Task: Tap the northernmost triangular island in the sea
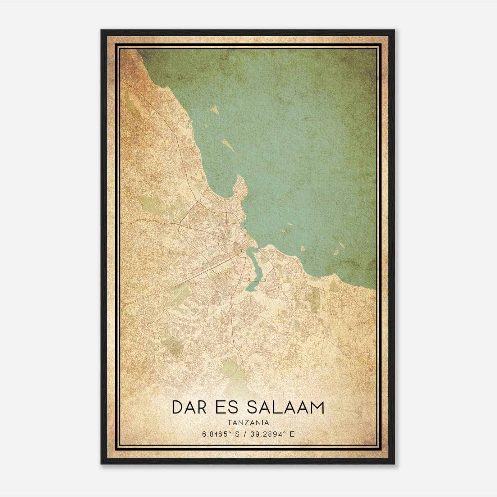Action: coord(214,109)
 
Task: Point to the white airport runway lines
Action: coord(176,295)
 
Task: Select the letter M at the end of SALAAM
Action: coord(316,407)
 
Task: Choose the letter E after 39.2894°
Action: coord(292,434)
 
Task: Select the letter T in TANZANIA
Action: coord(229,422)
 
